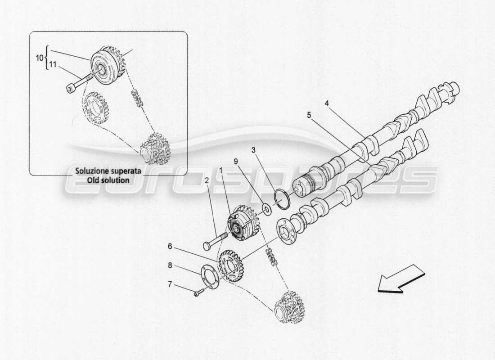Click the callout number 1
(221, 171)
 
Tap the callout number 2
(207, 180)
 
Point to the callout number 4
(327, 103)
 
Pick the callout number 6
(170, 246)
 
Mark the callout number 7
(170, 285)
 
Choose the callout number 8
(170, 265)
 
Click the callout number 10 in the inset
(38, 58)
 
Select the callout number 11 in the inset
(52, 66)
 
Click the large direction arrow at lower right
(400, 279)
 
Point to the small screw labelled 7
(198, 294)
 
